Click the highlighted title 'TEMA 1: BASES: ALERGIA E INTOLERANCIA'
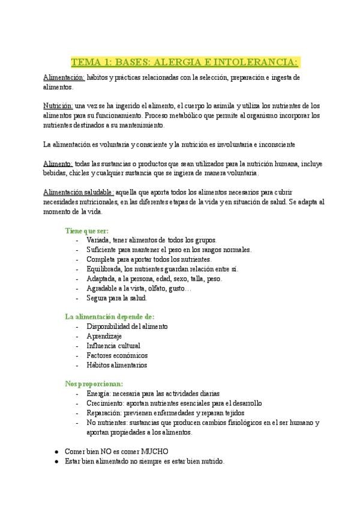pyautogui.click(x=185, y=62)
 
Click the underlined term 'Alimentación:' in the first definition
pyautogui.click(x=64, y=78)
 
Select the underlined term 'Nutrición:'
pyautogui.click(x=58, y=105)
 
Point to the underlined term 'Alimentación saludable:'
pyautogui.click(x=78, y=192)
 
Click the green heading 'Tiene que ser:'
pyautogui.click(x=87, y=230)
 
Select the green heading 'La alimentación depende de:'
pyautogui.click(x=109, y=316)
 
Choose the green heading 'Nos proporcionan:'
pyautogui.click(x=94, y=384)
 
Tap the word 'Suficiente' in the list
pyautogui.click(x=104, y=250)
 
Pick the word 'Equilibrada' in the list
pyautogui.click(x=105, y=269)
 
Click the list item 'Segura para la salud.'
pyautogui.click(x=116, y=298)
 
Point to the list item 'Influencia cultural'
pyautogui.click(x=113, y=346)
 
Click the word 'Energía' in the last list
pyautogui.click(x=100, y=394)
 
